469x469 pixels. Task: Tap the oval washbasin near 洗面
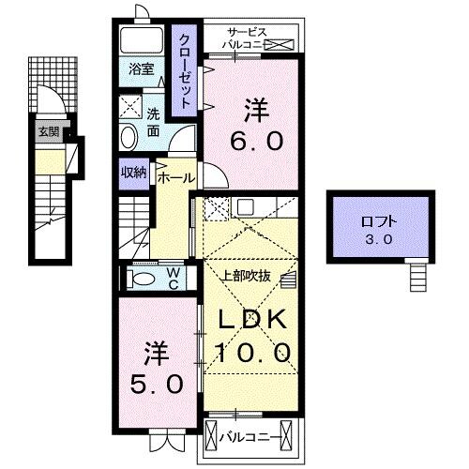[129, 137]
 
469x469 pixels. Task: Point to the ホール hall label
[176, 177]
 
